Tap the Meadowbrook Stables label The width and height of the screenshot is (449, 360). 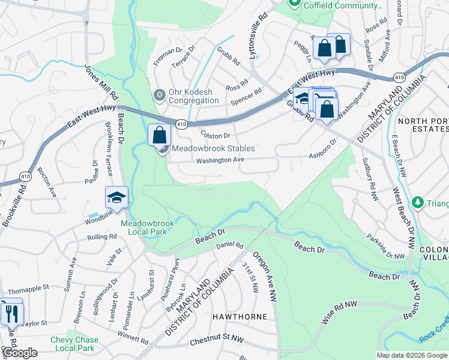click(213, 148)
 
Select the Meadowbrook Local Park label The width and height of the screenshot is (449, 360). click(148, 227)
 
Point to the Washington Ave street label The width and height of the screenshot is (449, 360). click(220, 160)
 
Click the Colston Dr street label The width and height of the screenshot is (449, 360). click(215, 136)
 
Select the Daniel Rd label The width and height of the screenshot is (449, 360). click(229, 245)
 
